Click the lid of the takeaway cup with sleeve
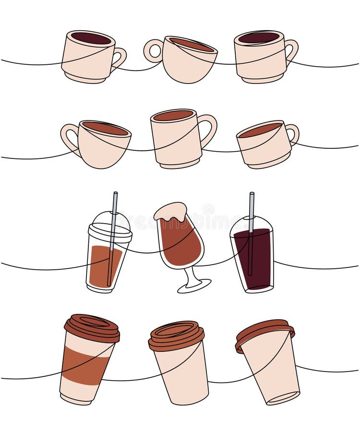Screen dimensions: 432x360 [x=92, y=328]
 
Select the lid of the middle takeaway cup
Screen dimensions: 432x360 [x=176, y=335]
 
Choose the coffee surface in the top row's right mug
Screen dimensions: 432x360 [x=259, y=37]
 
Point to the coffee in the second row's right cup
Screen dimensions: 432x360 [x=260, y=130]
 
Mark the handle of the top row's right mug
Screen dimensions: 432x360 [x=291, y=51]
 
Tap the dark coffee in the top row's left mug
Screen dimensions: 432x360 [x=91, y=38]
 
